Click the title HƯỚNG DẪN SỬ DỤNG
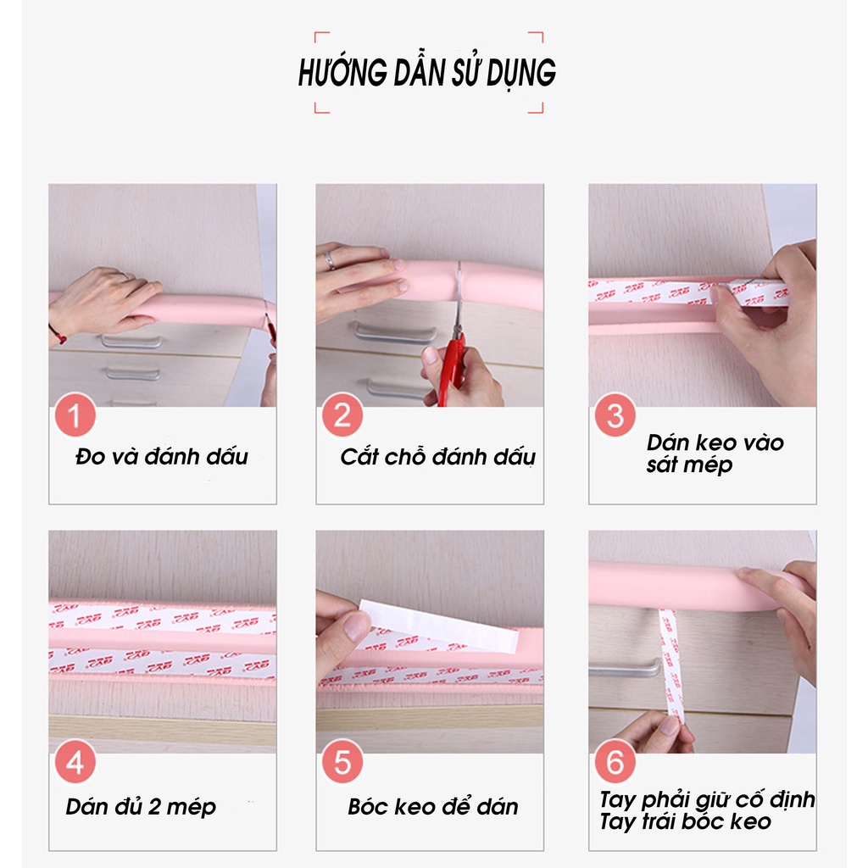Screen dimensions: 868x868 tap(426, 74)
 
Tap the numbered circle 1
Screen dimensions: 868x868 tap(75, 417)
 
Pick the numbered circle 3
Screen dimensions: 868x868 tap(615, 417)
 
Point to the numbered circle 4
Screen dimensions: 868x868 tap(75, 763)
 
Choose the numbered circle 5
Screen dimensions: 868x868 tap(342, 763)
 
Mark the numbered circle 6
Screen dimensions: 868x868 tap(615, 763)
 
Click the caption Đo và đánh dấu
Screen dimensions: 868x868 tap(161, 457)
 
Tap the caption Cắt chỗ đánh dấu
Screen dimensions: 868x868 tap(437, 457)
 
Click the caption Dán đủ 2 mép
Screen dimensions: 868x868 tap(141, 806)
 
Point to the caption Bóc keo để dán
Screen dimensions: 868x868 tap(432, 806)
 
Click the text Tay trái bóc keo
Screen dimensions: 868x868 tap(685, 821)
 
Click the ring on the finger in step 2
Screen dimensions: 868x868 tap(330, 260)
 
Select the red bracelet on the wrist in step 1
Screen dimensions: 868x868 tap(58, 334)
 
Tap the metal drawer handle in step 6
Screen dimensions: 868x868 tap(624, 670)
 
